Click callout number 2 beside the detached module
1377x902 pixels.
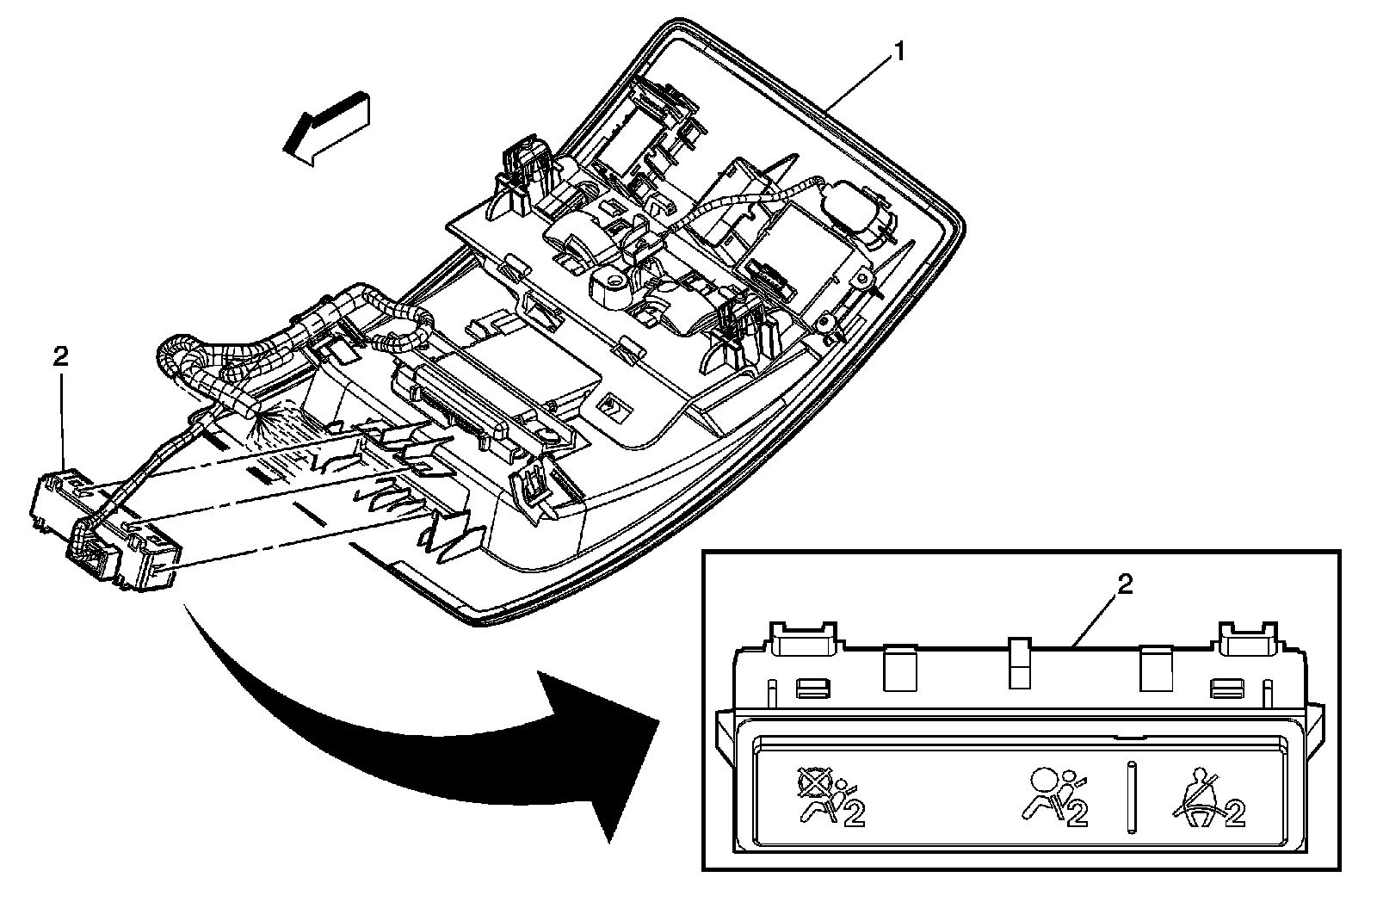point(60,355)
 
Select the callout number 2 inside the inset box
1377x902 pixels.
point(1124,585)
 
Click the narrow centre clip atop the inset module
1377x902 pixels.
point(1019,662)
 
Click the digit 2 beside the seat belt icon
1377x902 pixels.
point(1235,813)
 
